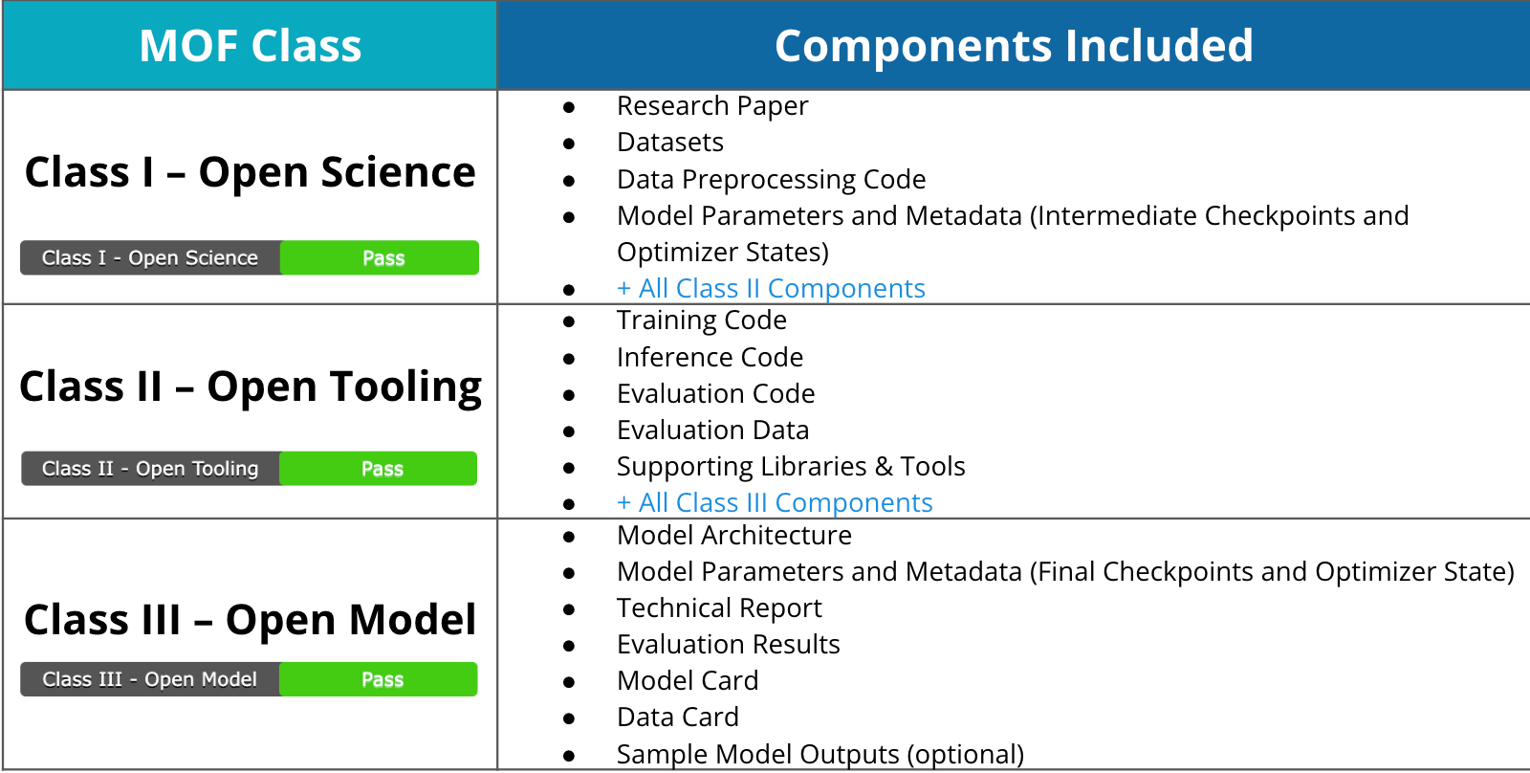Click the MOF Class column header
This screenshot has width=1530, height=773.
250,46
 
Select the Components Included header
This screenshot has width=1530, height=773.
1014,46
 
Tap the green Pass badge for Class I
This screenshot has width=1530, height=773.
382,258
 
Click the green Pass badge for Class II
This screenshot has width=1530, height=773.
382,469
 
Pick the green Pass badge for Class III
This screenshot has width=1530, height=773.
382,679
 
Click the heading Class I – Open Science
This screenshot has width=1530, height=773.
250,172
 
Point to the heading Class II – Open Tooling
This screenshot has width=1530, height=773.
250,386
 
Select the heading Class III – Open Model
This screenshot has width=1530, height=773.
250,620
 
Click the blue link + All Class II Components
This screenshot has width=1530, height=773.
771,288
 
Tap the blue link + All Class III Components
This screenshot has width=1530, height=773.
775,502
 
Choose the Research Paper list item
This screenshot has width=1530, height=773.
712,105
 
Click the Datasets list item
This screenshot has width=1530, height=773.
670,143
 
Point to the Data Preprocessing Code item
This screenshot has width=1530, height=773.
771,179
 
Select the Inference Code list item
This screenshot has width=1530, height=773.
710,357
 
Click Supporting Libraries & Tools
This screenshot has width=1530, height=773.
791,466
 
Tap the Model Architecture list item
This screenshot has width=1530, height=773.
733,535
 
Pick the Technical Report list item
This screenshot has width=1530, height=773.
719,607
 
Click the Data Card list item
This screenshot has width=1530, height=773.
677,717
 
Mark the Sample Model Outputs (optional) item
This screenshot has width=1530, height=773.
820,754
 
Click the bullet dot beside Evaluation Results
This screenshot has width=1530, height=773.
569,646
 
